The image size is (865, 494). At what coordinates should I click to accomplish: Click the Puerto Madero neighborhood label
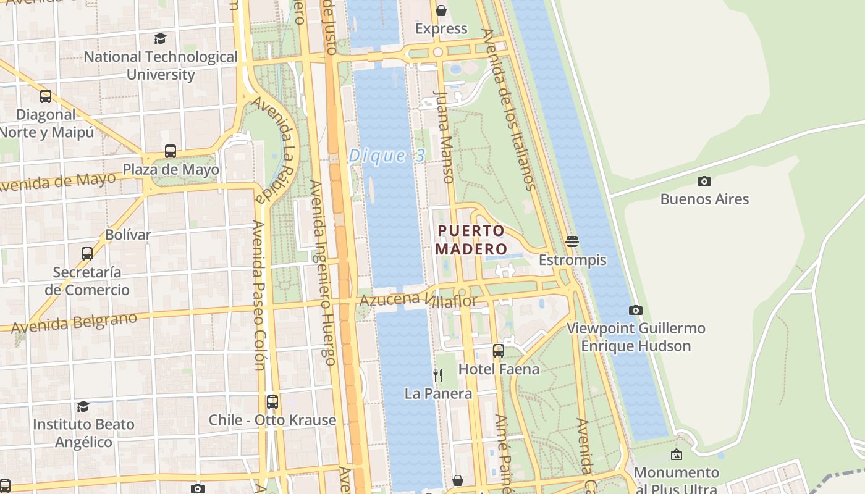click(x=471, y=240)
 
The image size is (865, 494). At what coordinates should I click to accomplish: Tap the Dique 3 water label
click(x=387, y=156)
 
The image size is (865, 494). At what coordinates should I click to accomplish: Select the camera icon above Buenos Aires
click(x=704, y=181)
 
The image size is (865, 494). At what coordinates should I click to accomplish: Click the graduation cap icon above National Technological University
click(x=161, y=38)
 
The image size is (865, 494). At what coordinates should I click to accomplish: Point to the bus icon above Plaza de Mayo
click(x=170, y=151)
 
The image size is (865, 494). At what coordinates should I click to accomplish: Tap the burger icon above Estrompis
click(x=572, y=241)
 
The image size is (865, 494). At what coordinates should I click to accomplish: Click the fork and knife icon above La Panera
click(x=437, y=375)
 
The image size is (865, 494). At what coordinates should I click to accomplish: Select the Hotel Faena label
click(x=499, y=369)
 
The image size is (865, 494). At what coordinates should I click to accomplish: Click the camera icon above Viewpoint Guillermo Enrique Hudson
click(x=635, y=310)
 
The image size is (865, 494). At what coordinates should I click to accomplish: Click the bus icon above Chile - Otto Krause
click(x=272, y=402)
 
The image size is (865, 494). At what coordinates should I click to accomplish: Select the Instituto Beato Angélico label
click(x=83, y=433)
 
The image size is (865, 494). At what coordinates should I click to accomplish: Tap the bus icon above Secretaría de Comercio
click(x=87, y=254)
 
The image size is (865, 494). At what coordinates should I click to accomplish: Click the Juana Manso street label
click(x=444, y=137)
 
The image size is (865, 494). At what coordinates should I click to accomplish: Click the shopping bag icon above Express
click(x=441, y=10)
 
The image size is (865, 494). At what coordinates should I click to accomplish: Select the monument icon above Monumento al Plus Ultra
click(x=677, y=454)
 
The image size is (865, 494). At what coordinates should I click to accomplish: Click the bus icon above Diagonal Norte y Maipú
click(x=46, y=96)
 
